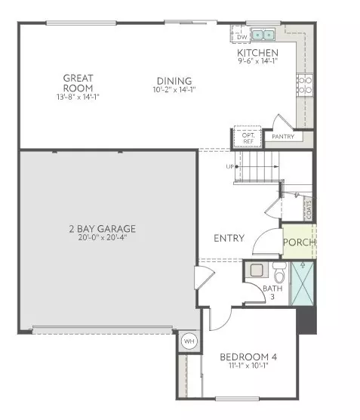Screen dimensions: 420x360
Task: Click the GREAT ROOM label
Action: (78, 82)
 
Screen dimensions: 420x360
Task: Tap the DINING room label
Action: (174, 82)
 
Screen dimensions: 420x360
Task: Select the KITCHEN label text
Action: (257, 53)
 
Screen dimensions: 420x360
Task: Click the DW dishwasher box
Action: (242, 36)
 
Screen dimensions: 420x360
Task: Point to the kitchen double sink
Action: (263, 35)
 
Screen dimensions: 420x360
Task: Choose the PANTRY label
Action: (283, 137)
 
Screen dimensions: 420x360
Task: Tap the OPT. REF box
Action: (248, 138)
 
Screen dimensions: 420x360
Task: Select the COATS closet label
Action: (309, 207)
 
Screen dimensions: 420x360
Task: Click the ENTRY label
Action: (229, 238)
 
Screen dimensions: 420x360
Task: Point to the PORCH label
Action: (299, 242)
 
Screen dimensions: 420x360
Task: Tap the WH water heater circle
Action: (187, 342)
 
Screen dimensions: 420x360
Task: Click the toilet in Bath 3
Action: (278, 272)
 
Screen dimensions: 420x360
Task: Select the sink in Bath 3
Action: (256, 270)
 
